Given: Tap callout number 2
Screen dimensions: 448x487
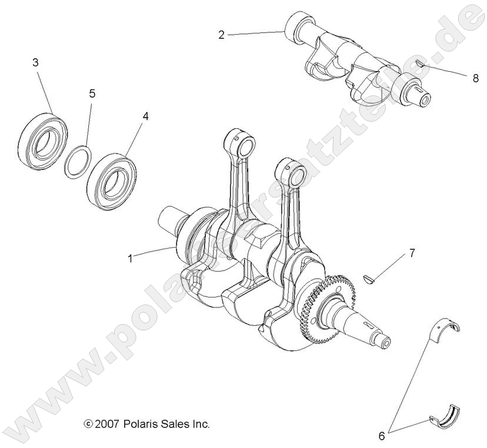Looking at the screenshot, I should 221,35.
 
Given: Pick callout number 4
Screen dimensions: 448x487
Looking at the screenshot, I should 145,116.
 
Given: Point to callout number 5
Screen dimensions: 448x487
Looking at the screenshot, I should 92,93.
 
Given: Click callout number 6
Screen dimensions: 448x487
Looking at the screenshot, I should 381,436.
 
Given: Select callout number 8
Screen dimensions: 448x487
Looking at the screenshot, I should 475,78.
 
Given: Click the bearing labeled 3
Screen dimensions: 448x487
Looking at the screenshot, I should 42,138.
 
